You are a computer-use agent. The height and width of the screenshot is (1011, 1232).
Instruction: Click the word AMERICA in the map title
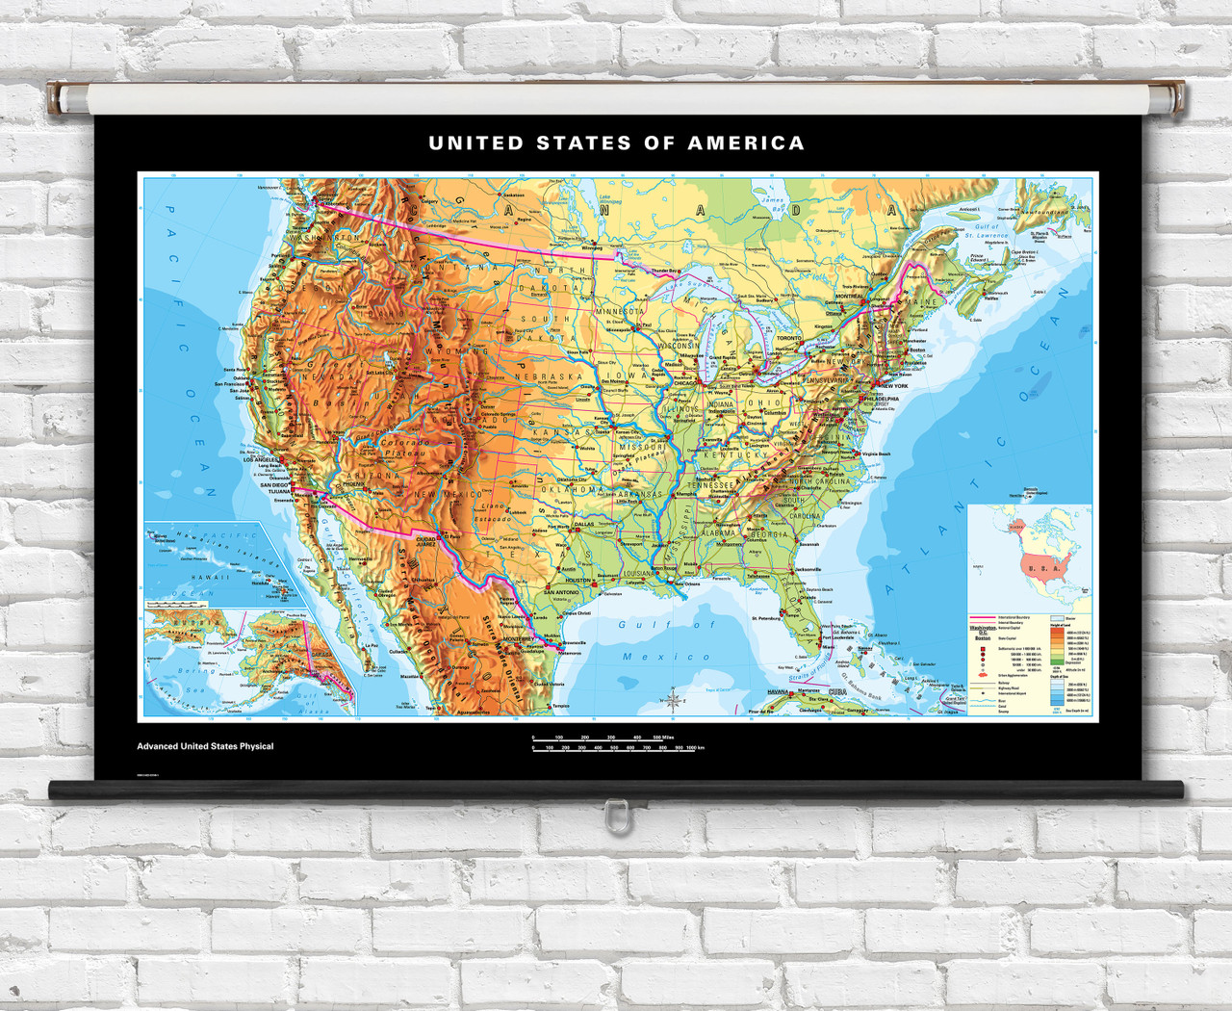pos(745,143)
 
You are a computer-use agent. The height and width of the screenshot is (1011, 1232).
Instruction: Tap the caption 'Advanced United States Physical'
pos(205,746)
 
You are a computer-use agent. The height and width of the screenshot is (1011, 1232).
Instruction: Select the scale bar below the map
pos(614,742)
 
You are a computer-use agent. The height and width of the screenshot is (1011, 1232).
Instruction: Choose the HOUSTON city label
pos(577,581)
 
